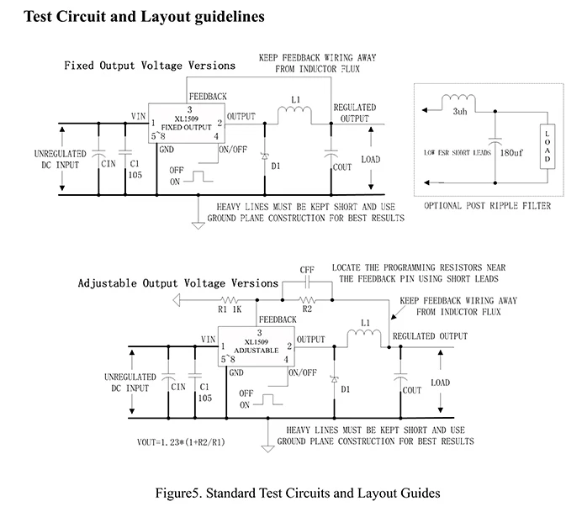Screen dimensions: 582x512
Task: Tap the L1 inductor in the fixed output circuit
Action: point(294,110)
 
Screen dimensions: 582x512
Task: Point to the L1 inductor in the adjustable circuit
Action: point(364,333)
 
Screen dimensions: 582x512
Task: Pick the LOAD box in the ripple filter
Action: point(548,146)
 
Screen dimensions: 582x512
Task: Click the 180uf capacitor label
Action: point(511,152)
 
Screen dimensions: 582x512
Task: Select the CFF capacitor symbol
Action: point(307,284)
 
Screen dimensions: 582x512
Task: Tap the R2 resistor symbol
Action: point(307,299)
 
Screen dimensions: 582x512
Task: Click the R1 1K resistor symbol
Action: point(229,299)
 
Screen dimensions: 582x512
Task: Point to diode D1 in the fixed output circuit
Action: point(265,156)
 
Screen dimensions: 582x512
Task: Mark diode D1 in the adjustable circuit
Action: point(334,379)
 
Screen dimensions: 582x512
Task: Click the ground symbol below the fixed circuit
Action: point(198,225)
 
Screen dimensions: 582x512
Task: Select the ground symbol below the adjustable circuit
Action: point(267,449)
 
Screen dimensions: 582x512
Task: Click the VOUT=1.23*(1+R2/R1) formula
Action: point(181,442)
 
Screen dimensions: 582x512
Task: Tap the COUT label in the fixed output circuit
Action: point(341,167)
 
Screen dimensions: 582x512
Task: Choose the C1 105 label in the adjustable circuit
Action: point(205,393)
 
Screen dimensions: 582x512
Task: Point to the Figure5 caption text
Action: point(298,493)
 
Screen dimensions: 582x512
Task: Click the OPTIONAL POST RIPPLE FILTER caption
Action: point(487,205)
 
